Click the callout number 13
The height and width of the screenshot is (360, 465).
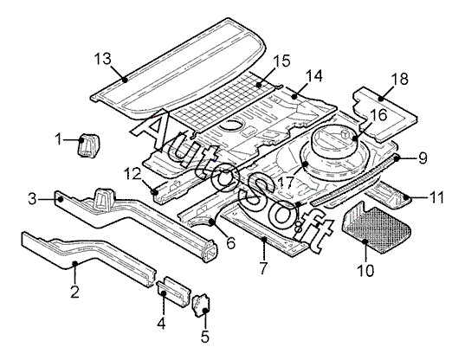[x=102, y=59]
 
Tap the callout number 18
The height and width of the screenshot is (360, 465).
[x=400, y=79]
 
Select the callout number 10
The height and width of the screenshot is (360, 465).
[x=365, y=270]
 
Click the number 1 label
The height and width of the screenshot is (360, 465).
[x=59, y=138]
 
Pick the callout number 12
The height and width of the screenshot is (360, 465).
[x=132, y=174]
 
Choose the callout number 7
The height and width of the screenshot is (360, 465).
[x=263, y=267]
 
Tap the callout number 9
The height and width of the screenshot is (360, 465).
[x=423, y=157]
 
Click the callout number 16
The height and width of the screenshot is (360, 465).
[x=378, y=115]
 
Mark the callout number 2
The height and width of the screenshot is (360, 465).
[x=74, y=292]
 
